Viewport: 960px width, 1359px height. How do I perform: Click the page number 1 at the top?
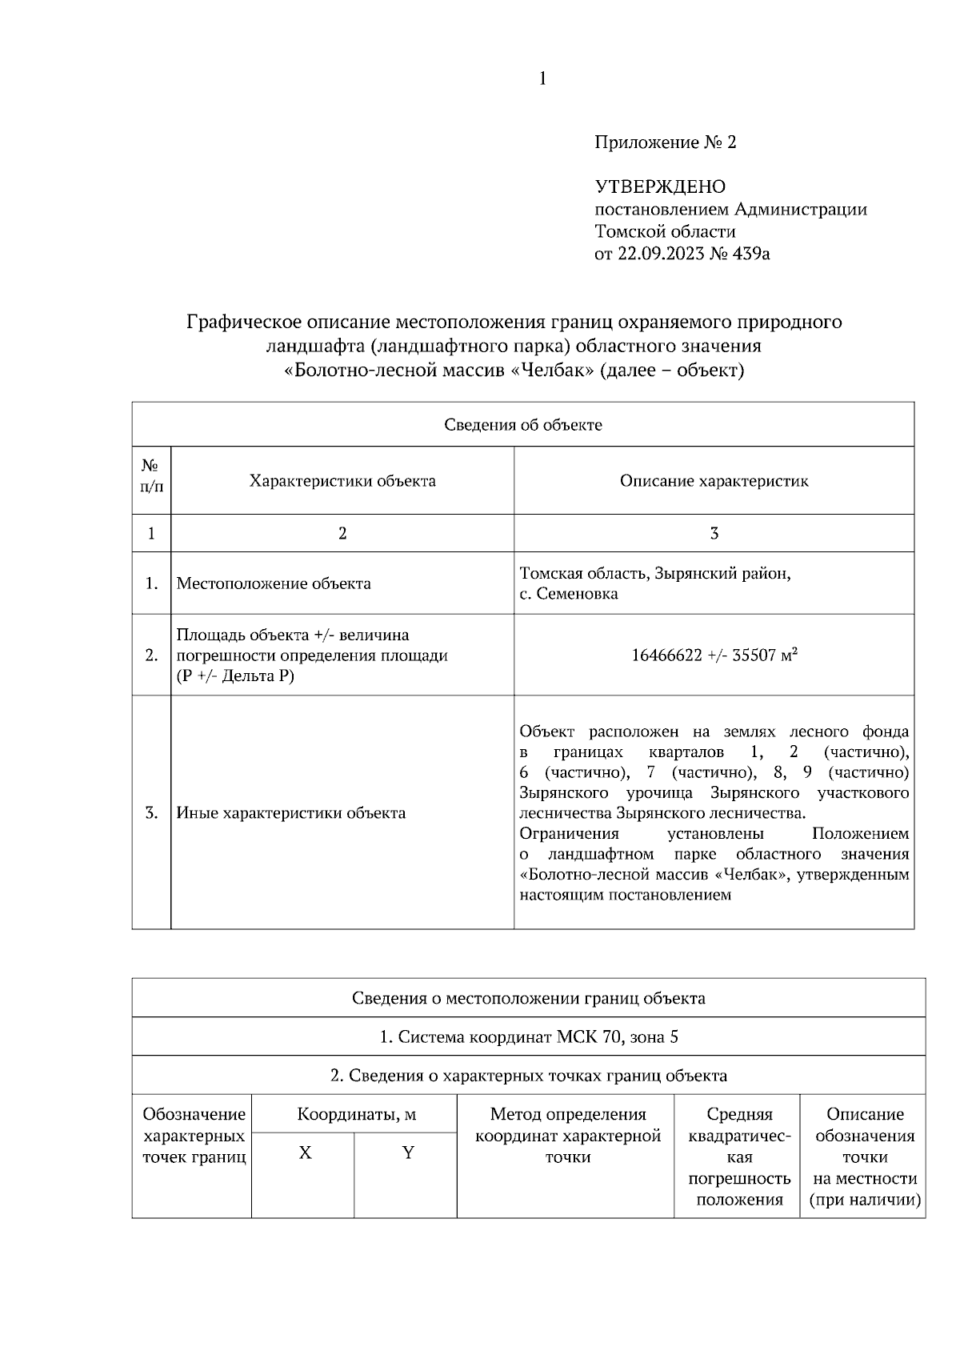[x=542, y=78]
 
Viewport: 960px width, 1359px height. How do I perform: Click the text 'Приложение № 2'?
[x=665, y=143]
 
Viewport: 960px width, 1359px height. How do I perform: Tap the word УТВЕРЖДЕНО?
[x=660, y=187]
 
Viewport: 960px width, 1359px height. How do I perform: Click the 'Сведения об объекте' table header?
[x=522, y=425]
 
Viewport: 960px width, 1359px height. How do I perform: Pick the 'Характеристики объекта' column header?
[x=342, y=481]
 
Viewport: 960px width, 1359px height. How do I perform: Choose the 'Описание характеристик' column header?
[x=714, y=481]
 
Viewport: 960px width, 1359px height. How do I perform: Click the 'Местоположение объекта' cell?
[x=274, y=583]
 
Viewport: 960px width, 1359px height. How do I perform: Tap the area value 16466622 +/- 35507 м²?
[x=714, y=655]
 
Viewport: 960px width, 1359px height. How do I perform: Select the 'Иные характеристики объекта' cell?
[x=290, y=813]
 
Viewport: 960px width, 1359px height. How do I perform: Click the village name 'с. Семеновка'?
[x=568, y=594]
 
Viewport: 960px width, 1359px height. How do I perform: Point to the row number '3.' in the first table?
[x=151, y=813]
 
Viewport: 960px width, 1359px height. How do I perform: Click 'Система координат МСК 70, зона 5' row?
[x=528, y=1037]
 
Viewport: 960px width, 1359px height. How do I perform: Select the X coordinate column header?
[x=305, y=1153]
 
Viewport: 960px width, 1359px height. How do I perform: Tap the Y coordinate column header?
[x=407, y=1153]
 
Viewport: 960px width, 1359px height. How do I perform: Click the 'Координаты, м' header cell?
[x=356, y=1114]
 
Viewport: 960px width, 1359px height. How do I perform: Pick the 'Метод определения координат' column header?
[x=567, y=1135]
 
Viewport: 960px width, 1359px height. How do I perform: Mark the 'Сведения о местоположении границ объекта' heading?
[x=528, y=998]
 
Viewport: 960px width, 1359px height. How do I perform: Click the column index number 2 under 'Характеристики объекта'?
[x=342, y=534]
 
